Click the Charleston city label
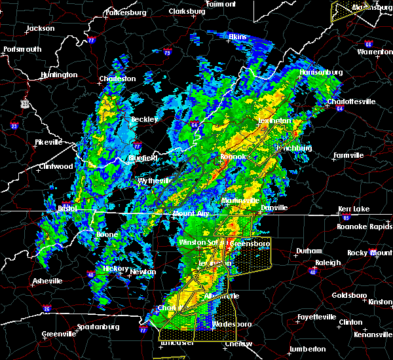[x=117, y=79]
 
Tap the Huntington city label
[x=58, y=75]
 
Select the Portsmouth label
[x=22, y=49]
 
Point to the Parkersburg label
[x=128, y=12]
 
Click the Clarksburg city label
[x=187, y=12]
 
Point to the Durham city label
[x=309, y=251]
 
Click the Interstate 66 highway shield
[x=368, y=45]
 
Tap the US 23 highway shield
[x=24, y=103]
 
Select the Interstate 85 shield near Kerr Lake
[x=346, y=216]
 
